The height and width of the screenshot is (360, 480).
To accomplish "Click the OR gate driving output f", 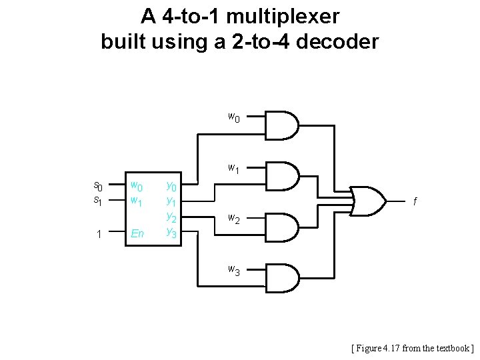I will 367,199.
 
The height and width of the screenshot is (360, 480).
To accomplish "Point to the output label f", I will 416,201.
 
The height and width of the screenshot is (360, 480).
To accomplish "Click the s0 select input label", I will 97,186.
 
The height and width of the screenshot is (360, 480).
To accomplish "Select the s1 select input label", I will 97,199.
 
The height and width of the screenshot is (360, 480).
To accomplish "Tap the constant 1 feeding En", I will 98,234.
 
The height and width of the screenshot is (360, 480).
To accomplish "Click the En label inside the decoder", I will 137,234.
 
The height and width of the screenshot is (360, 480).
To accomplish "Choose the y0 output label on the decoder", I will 171,186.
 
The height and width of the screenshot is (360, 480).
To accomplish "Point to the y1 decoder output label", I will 171,201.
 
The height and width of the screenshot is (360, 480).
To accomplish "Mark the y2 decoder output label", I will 171,217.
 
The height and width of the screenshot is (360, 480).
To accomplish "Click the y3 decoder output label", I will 171,233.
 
